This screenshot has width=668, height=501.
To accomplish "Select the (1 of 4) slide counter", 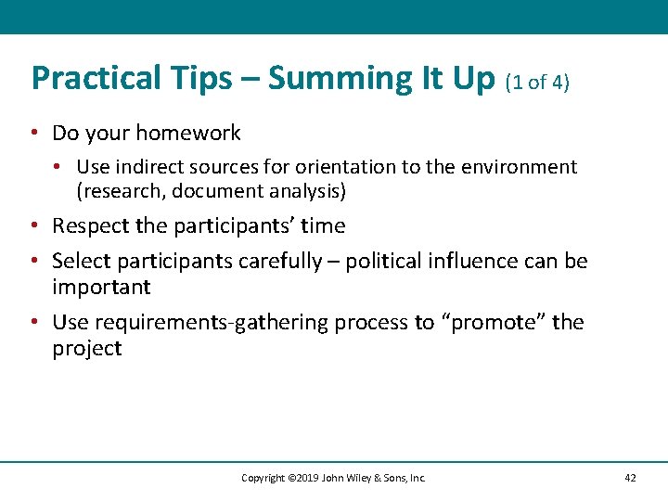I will (x=537, y=82).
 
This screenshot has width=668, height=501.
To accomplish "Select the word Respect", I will (x=89, y=226).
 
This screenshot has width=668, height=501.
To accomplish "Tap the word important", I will (x=100, y=287).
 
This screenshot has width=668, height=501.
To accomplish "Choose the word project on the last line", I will (x=86, y=349).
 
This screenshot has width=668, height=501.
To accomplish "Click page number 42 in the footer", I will (x=630, y=478).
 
